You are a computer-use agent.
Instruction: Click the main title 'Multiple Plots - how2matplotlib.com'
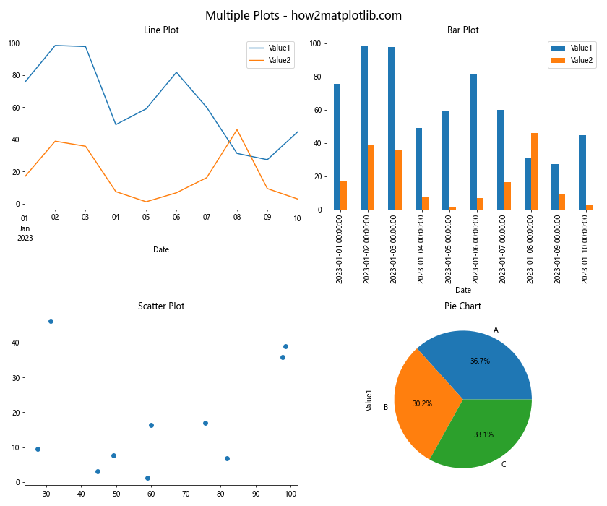click(303, 15)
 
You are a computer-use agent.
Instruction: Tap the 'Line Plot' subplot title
click(161, 30)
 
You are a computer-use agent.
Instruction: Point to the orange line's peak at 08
click(237, 130)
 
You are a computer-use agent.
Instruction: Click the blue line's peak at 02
click(55, 46)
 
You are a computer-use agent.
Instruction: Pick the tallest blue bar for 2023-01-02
click(363, 127)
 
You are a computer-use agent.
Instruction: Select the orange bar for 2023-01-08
click(535, 171)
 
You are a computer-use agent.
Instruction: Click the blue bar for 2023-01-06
click(473, 142)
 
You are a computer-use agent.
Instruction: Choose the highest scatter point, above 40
click(51, 321)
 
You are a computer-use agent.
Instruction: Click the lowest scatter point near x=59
click(147, 478)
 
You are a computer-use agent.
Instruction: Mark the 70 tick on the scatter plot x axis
click(186, 494)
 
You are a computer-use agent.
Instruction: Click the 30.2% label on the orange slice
click(422, 403)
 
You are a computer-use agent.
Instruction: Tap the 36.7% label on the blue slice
click(480, 361)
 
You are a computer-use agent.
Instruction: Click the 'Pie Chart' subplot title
click(462, 306)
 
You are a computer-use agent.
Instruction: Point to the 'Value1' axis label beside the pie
click(369, 400)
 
